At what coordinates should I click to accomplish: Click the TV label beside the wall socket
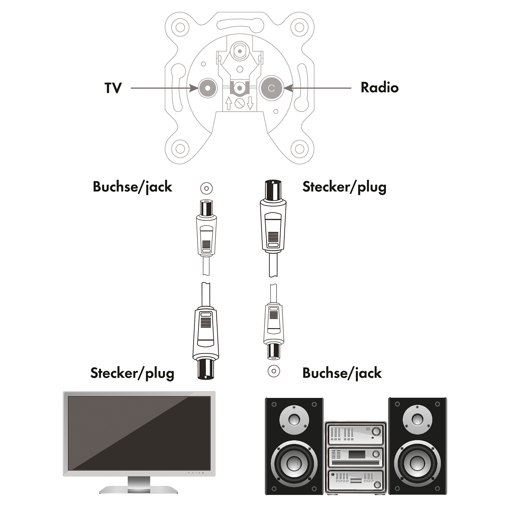[x=113, y=88]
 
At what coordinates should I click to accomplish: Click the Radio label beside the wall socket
[x=379, y=88]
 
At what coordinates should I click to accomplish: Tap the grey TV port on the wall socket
[x=208, y=88]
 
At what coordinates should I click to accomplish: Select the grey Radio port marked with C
[x=271, y=88]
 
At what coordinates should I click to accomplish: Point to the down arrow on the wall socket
[x=250, y=103]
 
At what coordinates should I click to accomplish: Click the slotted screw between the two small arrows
[x=239, y=104]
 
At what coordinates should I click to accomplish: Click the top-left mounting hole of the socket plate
[x=180, y=27]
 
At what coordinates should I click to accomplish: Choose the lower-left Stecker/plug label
[x=132, y=374]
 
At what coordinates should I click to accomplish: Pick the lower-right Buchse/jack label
[x=342, y=374]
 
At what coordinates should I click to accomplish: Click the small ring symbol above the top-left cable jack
[x=206, y=188]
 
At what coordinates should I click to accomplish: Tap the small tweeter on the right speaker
[x=417, y=419]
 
